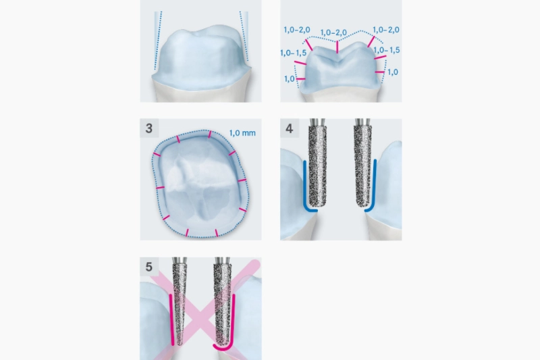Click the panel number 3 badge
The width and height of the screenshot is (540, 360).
tap(149, 128)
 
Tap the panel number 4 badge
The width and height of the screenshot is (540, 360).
tap(290, 128)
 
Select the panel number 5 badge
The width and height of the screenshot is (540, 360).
tap(149, 267)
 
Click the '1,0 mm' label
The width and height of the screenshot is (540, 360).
tap(242, 133)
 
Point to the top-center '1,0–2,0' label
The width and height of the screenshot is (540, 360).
tap(333, 32)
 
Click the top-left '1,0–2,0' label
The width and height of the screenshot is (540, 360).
tap(297, 30)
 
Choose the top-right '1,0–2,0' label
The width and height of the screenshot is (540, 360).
tap(386, 30)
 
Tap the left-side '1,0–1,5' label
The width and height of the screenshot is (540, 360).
tap(294, 53)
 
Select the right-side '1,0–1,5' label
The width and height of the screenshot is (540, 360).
tap(387, 50)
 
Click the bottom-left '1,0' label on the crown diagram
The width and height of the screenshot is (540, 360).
tap(290, 79)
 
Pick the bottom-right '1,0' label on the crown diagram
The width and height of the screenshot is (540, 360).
tap(393, 72)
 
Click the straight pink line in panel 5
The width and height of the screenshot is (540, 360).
tap(171, 319)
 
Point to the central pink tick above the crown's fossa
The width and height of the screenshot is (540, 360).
tap(337, 47)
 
